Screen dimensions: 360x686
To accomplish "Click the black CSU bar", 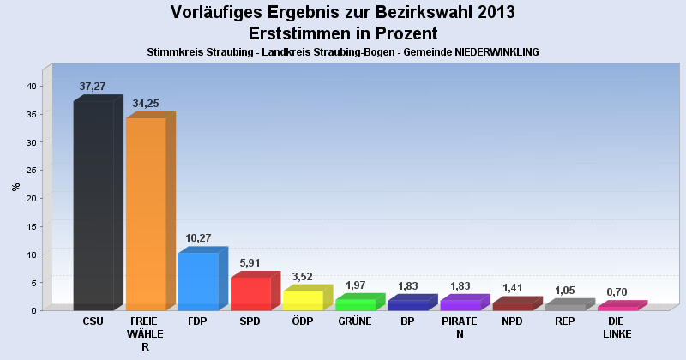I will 93,206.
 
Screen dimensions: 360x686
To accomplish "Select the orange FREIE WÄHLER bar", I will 146,214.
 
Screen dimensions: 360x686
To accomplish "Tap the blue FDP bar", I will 198,281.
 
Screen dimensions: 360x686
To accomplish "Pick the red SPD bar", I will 250,293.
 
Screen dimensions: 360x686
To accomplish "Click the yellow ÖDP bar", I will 303,300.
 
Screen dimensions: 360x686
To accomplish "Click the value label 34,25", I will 147,104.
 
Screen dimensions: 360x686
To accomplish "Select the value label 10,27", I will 199,238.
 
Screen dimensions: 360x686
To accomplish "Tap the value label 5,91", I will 251,262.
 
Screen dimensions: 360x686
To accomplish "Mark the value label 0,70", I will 617,292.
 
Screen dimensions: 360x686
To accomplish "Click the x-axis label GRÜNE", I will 355,321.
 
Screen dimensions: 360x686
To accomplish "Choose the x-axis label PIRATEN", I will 460,327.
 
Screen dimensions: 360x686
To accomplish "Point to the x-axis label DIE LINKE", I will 617,327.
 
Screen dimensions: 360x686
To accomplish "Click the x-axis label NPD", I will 512,321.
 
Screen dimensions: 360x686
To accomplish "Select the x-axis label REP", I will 564,321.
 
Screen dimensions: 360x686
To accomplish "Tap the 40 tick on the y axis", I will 30,86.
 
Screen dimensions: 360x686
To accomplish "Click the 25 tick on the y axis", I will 30,170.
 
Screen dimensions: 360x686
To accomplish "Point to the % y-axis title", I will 15,186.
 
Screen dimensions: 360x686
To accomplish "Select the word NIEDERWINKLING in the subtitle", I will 487,52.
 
